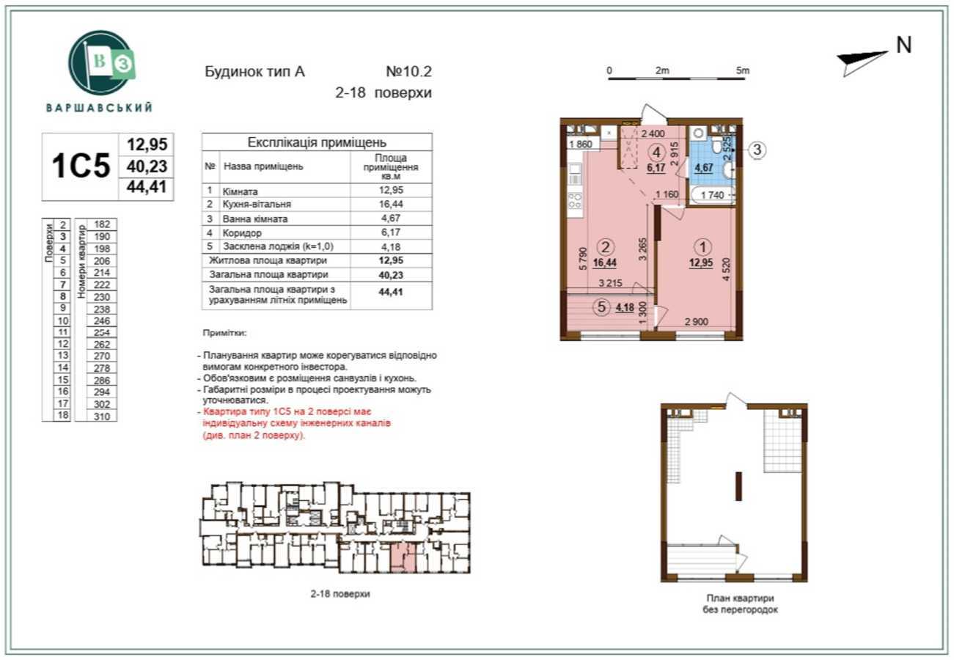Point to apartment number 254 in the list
(x=102, y=332)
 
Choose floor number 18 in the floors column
(x=63, y=415)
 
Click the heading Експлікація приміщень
(x=317, y=142)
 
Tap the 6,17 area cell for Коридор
(x=391, y=232)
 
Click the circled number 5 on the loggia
(x=602, y=307)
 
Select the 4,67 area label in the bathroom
(x=705, y=167)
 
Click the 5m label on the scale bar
(x=743, y=71)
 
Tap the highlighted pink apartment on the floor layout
(x=403, y=558)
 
